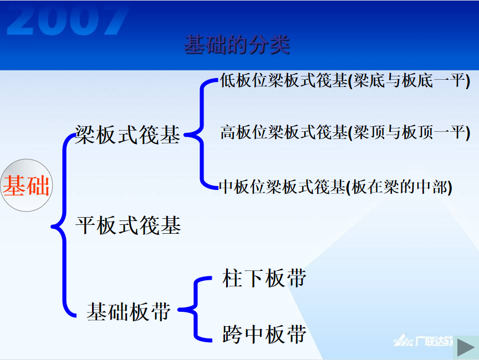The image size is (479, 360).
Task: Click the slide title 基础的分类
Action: click(237, 44)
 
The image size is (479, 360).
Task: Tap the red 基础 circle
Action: click(27, 185)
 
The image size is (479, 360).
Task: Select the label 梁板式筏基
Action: click(128, 135)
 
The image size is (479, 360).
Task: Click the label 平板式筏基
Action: click(128, 225)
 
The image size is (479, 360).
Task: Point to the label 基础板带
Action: click(129, 311)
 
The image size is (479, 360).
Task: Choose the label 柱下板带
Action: click(264, 278)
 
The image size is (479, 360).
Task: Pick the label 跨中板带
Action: click(264, 334)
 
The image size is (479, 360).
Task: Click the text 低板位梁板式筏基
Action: click(284, 80)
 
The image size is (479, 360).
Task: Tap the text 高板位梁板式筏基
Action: click(284, 132)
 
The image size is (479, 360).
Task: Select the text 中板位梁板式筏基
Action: click(282, 187)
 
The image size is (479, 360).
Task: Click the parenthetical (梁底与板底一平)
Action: click(409, 81)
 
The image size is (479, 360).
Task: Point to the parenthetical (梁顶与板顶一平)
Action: click(409, 133)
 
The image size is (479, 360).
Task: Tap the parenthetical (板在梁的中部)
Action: click(399, 187)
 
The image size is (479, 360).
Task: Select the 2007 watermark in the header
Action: click(67, 20)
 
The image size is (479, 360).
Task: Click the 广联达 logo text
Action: click(434, 341)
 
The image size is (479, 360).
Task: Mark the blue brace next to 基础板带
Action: click(194, 309)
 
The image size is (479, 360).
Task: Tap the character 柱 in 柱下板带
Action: click(233, 278)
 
